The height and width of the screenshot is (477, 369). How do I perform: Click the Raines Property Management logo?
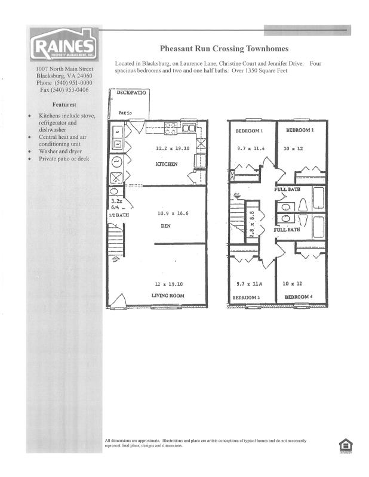64,45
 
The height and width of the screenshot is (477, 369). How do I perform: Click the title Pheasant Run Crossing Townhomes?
224,49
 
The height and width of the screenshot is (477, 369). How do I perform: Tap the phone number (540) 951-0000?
64,83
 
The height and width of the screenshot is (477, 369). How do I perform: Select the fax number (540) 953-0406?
64,90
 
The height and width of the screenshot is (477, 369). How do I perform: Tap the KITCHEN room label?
167,163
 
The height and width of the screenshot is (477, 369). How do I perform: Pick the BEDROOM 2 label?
300,129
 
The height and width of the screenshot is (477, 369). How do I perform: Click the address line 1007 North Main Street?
64,69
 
